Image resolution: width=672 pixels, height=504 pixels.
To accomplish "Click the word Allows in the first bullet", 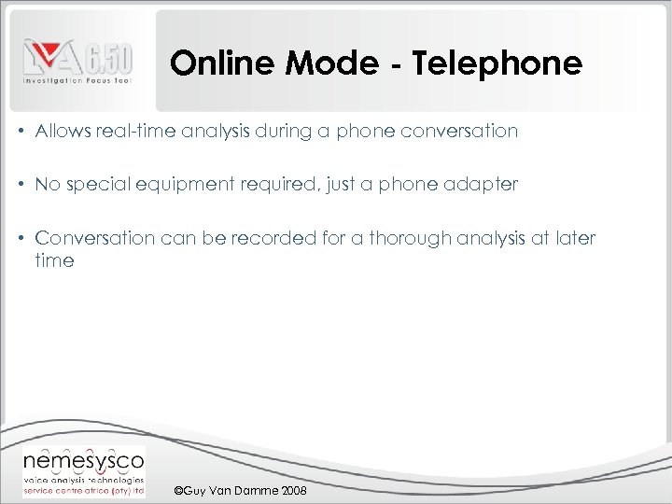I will click(x=63, y=132).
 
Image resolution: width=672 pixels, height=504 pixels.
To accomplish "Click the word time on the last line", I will click(x=55, y=261).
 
